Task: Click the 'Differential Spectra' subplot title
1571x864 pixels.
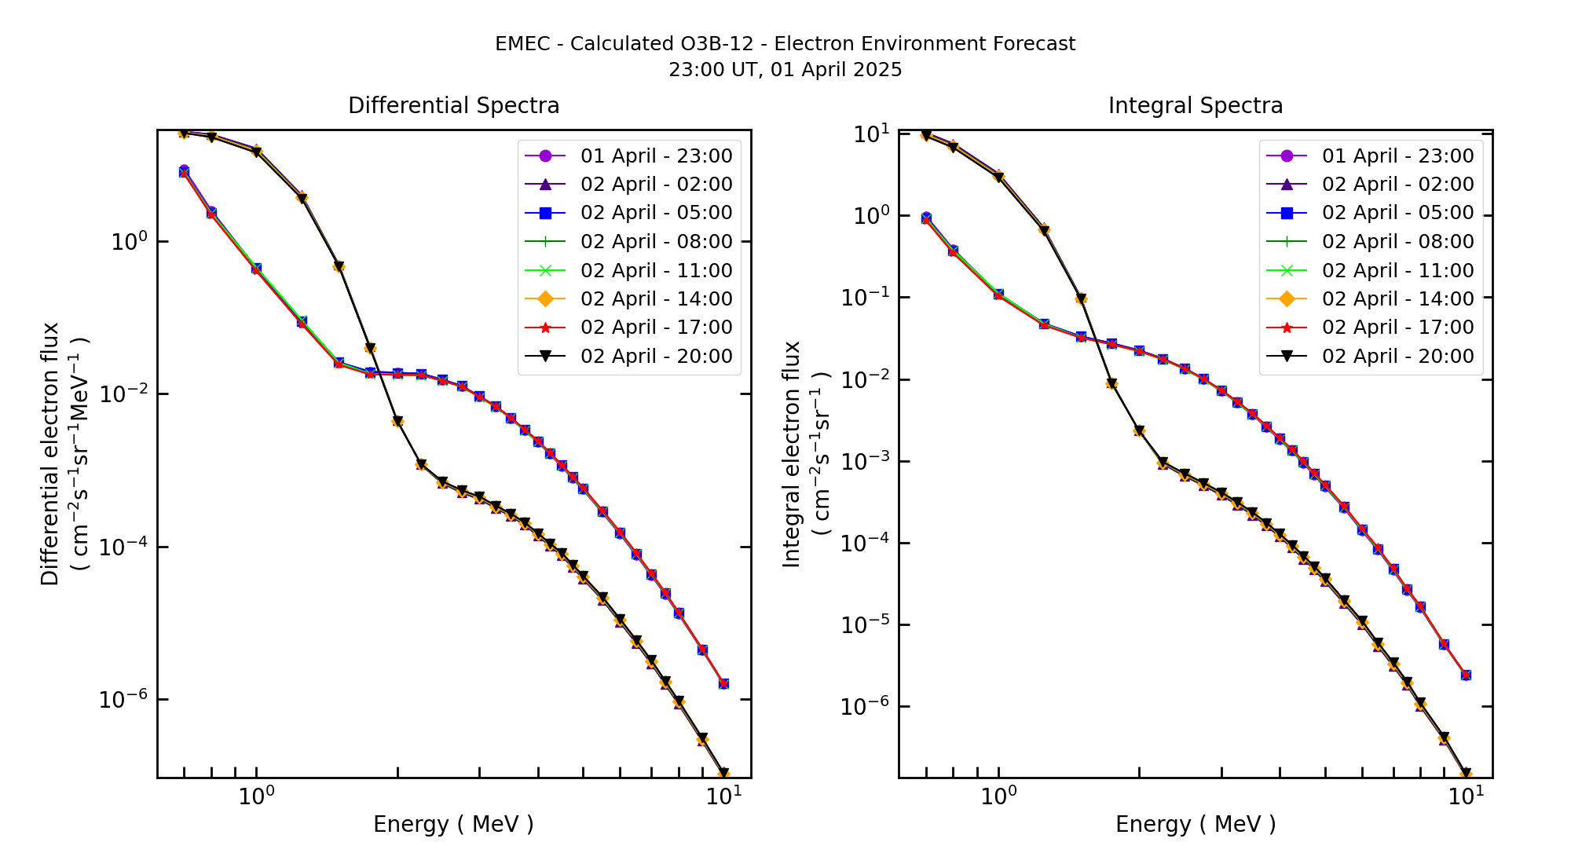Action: pos(453,105)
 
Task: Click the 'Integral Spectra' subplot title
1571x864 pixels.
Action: pos(1195,105)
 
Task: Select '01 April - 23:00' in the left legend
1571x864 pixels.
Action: pos(656,156)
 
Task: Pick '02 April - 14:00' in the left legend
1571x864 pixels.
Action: pos(656,298)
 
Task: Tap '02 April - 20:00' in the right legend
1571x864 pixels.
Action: pos(1397,356)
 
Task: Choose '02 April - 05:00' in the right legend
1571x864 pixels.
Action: pos(1397,213)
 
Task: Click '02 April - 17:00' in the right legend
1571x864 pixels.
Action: pos(1397,327)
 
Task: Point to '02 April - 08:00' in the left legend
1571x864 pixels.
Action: pos(656,241)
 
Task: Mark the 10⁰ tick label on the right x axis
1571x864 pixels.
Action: pos(998,796)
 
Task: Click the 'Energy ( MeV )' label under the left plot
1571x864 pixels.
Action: pos(453,824)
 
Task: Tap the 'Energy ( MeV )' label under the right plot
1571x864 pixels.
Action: pos(1195,824)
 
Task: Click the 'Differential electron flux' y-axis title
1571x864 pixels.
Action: pos(50,453)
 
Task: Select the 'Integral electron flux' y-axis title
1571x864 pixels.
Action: pos(792,453)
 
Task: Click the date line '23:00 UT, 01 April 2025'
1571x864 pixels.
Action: pos(785,70)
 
